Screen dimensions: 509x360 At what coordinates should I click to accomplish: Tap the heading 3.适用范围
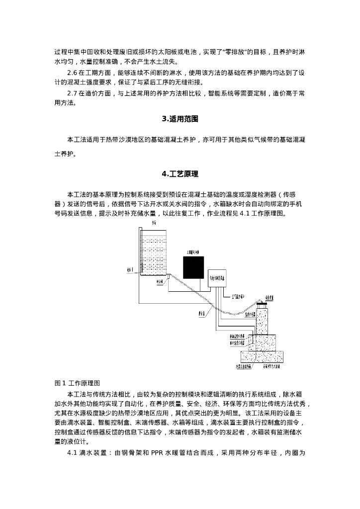click(180, 119)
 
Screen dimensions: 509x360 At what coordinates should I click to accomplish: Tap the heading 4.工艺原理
click(180, 174)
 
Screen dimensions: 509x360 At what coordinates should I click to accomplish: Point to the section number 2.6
click(73, 73)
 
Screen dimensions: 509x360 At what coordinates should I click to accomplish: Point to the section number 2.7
click(73, 93)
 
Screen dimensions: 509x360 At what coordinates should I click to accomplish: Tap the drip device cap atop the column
click(262, 304)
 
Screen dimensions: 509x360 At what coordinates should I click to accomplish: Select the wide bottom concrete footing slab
click(263, 357)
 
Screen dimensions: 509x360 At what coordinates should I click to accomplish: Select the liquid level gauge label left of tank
click(130, 270)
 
